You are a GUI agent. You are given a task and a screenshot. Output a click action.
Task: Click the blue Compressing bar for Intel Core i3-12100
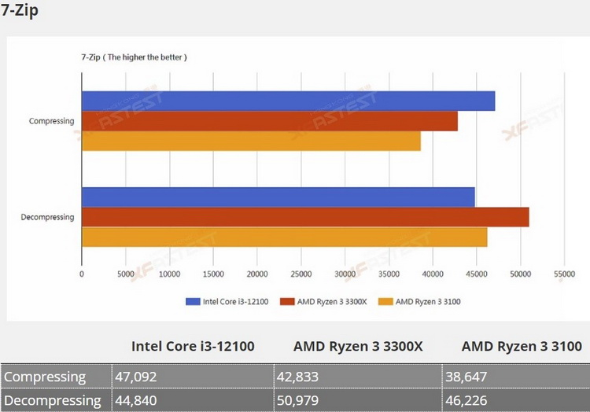(x=288, y=101)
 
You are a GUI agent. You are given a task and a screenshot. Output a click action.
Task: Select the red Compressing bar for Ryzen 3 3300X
(x=269, y=121)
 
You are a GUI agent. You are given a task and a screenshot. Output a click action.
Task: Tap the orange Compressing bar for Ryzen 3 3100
(x=251, y=141)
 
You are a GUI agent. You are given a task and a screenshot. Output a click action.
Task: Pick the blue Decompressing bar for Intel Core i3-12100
(x=278, y=197)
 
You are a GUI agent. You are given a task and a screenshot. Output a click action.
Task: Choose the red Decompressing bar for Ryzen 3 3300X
(x=305, y=217)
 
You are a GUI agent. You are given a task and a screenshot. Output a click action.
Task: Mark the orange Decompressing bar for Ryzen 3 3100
(x=284, y=237)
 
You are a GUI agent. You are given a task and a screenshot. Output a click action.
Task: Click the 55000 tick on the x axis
(x=565, y=274)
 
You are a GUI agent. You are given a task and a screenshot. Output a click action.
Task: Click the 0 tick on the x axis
(x=82, y=274)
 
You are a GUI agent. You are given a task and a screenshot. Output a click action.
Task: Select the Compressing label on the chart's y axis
(x=51, y=121)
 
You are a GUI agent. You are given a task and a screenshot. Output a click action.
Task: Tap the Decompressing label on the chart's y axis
(x=47, y=217)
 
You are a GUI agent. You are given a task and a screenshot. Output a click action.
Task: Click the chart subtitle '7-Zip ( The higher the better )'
(x=133, y=57)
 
